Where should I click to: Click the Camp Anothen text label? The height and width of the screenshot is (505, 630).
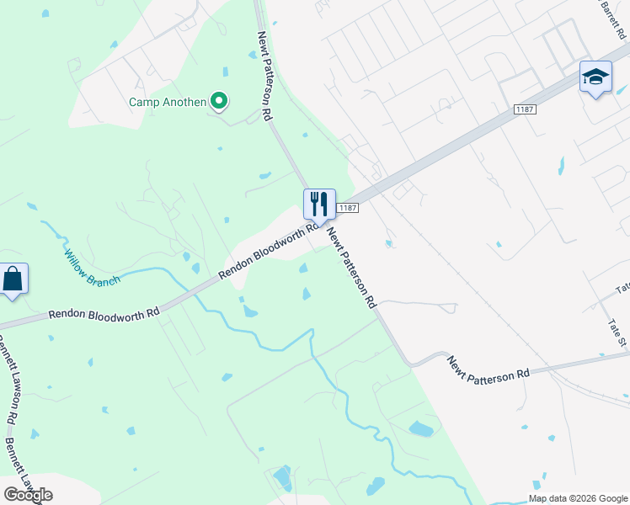tap(167, 102)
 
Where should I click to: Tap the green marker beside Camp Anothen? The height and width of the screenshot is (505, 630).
tap(219, 102)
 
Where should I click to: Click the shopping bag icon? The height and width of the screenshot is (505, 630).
tap(13, 279)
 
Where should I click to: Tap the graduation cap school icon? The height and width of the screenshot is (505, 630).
tap(595, 77)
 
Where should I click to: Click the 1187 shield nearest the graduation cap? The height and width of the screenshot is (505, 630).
tap(525, 109)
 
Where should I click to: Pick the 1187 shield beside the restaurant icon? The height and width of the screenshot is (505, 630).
tap(348, 207)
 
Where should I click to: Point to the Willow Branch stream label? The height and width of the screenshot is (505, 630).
tap(92, 268)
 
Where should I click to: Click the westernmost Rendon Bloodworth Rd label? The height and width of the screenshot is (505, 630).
tap(104, 312)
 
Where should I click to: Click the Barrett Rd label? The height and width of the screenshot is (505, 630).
tap(611, 19)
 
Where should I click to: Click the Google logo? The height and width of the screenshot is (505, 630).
tap(28, 495)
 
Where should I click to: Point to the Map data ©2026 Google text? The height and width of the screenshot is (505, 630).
tap(578, 498)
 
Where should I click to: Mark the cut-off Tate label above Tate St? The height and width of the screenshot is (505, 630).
tap(622, 287)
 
